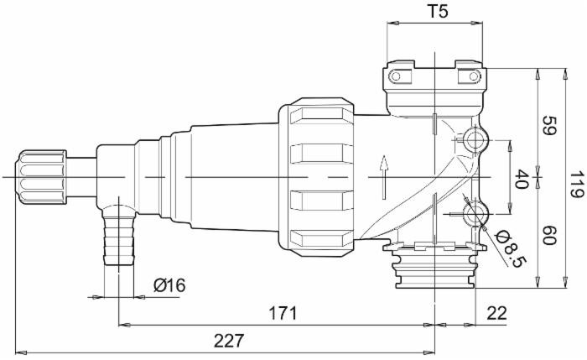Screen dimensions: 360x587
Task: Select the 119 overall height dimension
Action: (574, 180)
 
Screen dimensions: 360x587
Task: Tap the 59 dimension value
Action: (550, 126)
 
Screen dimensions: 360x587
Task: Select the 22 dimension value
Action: (496, 313)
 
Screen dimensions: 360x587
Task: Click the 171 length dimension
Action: (283, 313)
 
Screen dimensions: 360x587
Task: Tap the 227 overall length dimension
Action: (228, 340)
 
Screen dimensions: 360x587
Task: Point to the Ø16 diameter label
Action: (169, 285)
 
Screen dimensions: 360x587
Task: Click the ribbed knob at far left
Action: (42, 178)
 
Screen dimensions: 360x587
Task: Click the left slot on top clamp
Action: (401, 77)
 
